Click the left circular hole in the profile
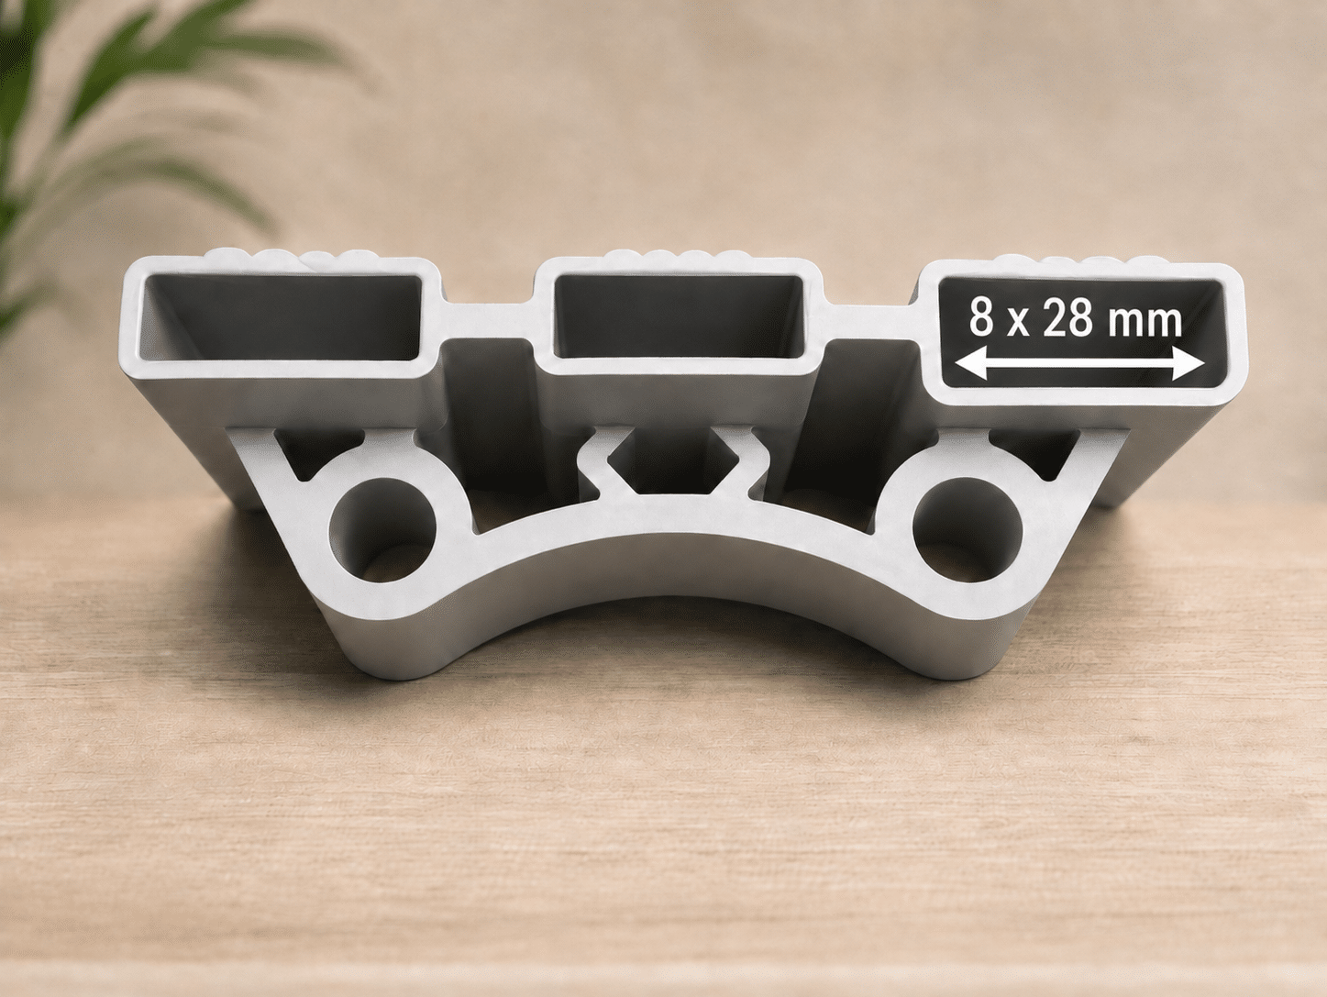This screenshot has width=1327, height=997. (x=382, y=530)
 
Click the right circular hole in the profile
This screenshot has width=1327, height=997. (x=967, y=530)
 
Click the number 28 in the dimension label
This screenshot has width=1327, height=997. (x=1070, y=318)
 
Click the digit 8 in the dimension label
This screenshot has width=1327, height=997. (x=982, y=318)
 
